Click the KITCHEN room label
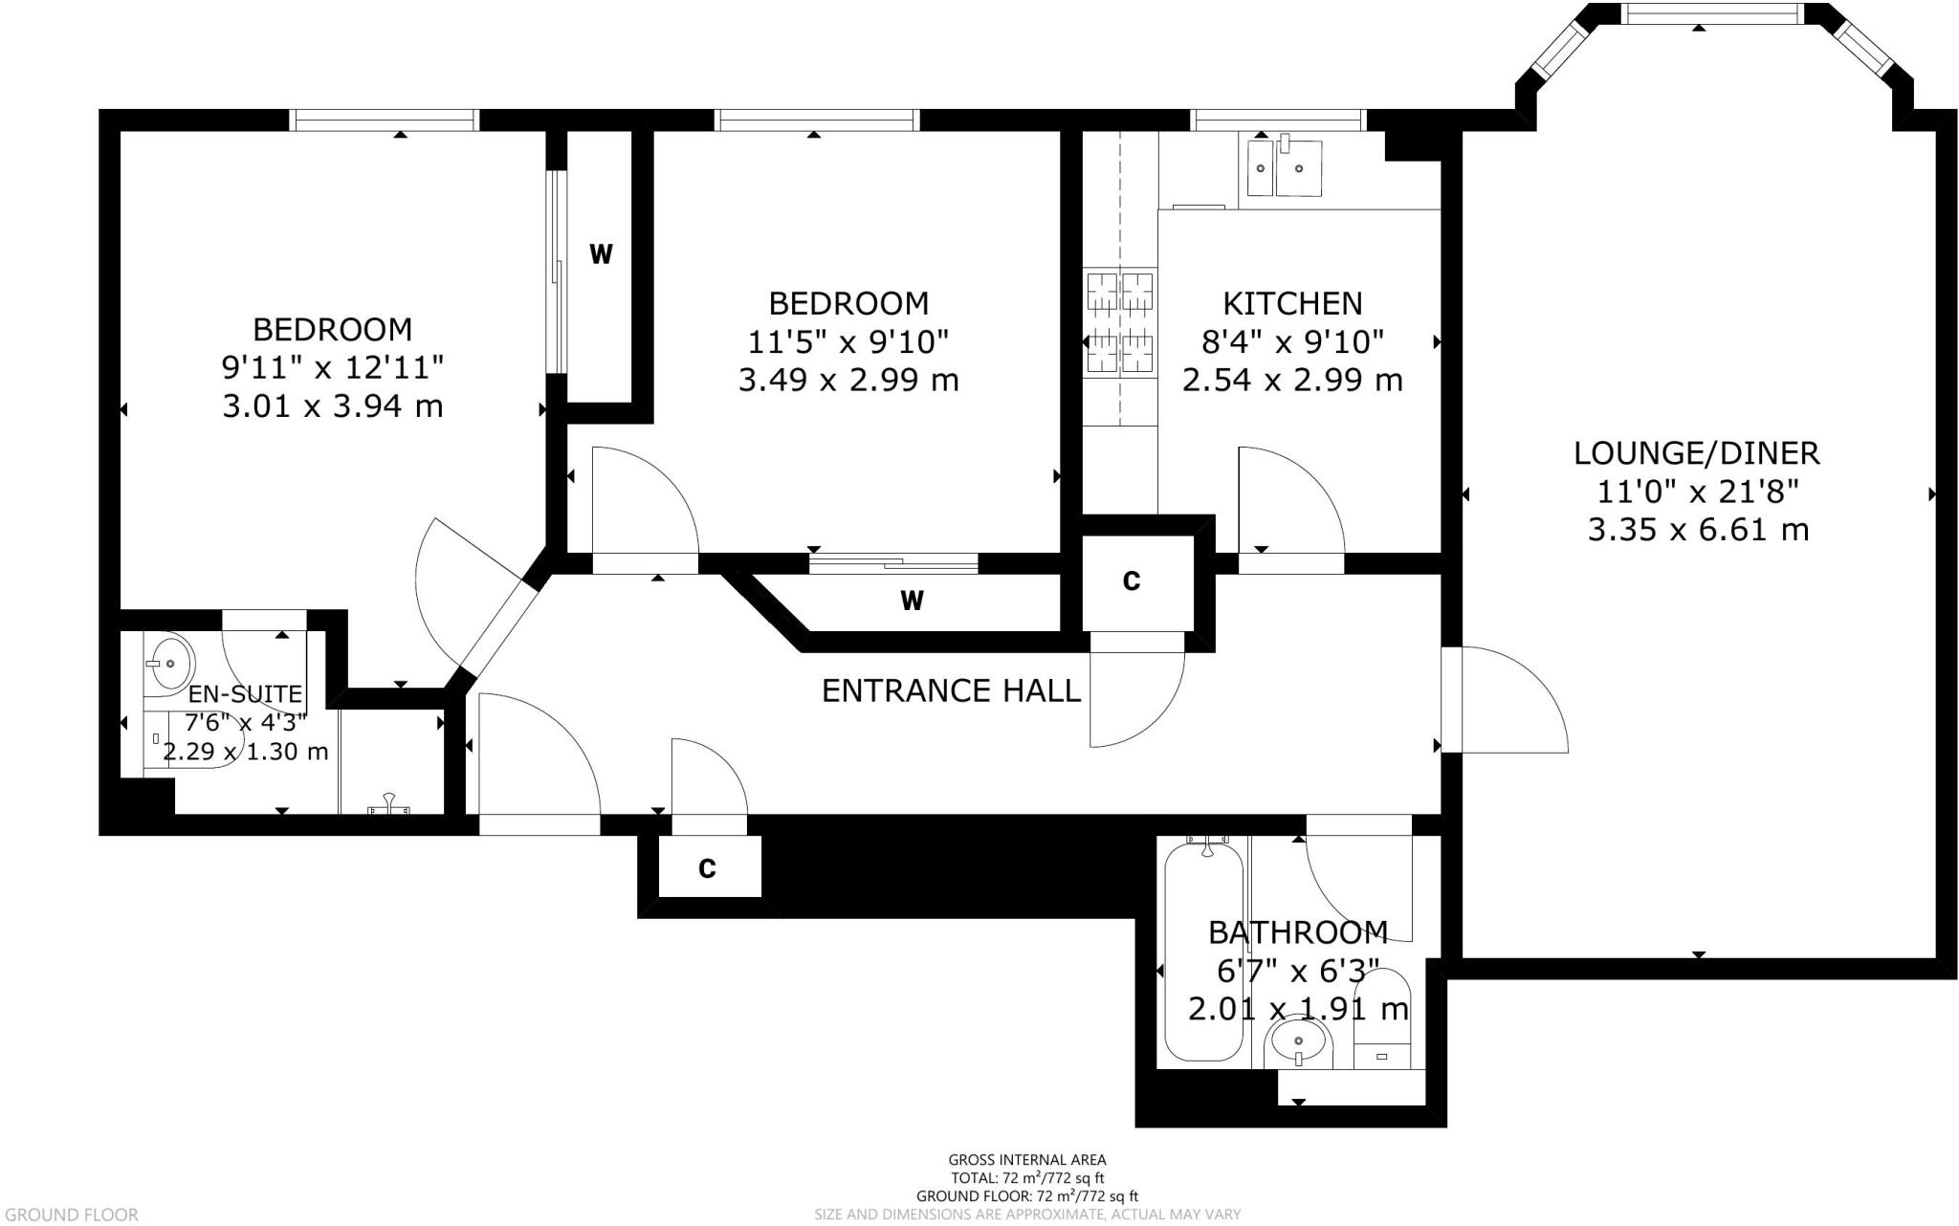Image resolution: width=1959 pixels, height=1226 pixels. [x=1292, y=303]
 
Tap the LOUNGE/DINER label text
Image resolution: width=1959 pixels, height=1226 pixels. [x=1697, y=453]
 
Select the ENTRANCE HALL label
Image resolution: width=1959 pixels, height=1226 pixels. [x=951, y=690]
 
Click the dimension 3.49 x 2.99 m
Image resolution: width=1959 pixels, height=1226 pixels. [x=848, y=381]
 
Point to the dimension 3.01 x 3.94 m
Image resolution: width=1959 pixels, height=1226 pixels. [x=332, y=406]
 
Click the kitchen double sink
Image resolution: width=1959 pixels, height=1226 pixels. [x=1284, y=169]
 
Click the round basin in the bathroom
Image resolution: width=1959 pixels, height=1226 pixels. [x=1298, y=1040]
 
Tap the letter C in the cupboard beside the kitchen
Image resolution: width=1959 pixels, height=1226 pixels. [x=1132, y=580]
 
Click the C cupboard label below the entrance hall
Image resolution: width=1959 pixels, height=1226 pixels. [x=708, y=868]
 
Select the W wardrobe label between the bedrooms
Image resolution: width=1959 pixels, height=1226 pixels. [x=601, y=254]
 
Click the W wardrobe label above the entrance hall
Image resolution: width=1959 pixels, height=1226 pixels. [x=912, y=601]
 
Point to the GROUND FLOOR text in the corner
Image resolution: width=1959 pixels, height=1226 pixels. [x=70, y=1215]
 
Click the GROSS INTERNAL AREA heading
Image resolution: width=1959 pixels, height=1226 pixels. [x=1026, y=1160]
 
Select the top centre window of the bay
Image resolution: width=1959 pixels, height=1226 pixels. [x=1699, y=13]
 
